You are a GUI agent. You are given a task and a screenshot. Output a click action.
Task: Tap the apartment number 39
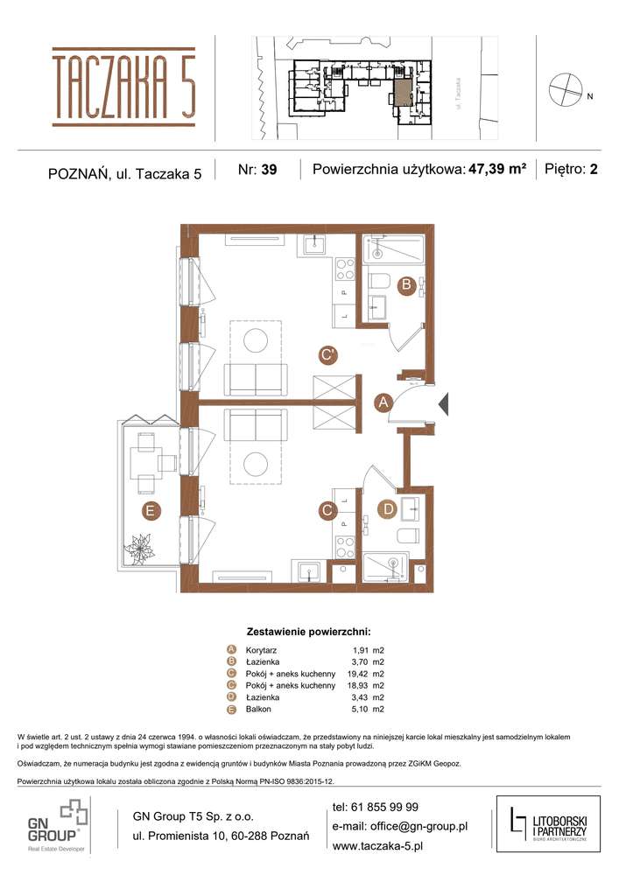[x=268, y=171]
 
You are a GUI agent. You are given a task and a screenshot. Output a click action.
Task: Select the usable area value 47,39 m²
[x=497, y=170]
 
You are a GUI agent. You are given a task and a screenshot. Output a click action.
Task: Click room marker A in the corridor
[x=383, y=402]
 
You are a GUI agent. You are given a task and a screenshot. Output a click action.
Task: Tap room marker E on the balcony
[x=151, y=510]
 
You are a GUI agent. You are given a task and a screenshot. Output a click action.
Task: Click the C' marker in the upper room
[x=328, y=355]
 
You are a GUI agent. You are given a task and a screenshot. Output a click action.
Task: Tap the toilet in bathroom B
[x=382, y=282]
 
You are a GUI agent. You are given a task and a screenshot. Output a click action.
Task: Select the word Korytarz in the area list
[x=264, y=650]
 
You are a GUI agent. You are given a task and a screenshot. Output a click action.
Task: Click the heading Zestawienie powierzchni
[x=309, y=630]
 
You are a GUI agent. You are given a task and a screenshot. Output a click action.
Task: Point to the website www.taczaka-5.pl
[x=378, y=846]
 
